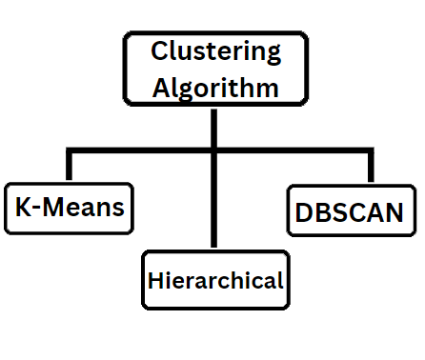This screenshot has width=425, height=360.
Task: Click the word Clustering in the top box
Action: (x=215, y=53)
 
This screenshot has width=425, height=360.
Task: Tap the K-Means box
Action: (x=70, y=206)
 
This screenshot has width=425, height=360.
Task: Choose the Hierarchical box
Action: (x=215, y=280)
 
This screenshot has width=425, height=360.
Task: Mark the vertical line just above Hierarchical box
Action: (x=215, y=219)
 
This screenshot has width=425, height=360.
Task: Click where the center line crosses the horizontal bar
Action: (x=215, y=150)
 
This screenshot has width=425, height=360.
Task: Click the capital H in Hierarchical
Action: (x=154, y=281)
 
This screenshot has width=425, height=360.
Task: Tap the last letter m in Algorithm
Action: (x=269, y=90)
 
